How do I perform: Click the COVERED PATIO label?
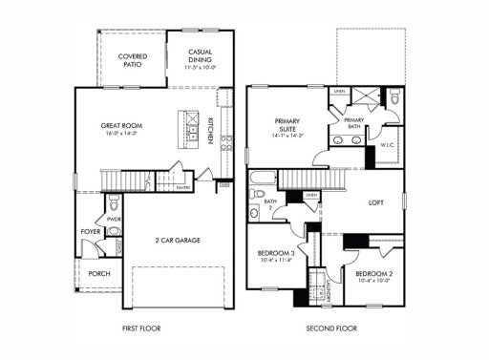(x=132, y=61)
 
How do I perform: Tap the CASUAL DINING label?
(x=200, y=55)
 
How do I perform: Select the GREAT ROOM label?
(x=121, y=125)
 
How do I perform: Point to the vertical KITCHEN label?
(x=210, y=131)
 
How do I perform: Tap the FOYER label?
(x=90, y=232)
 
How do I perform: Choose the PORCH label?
(x=98, y=273)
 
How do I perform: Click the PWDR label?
(x=114, y=220)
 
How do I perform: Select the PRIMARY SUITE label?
(x=287, y=125)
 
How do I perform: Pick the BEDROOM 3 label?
(x=275, y=253)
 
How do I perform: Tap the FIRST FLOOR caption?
(x=141, y=328)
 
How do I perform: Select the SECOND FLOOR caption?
(x=330, y=328)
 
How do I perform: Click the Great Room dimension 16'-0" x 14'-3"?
(x=121, y=135)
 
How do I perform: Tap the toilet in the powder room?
(x=114, y=202)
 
